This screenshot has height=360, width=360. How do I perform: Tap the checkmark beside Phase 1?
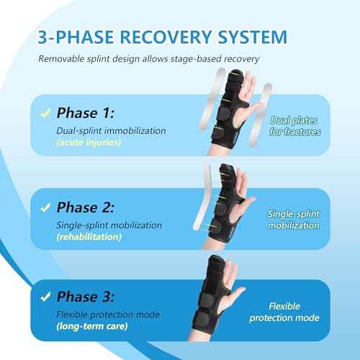[x=45, y=112]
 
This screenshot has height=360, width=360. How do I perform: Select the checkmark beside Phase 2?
[x=45, y=207]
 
